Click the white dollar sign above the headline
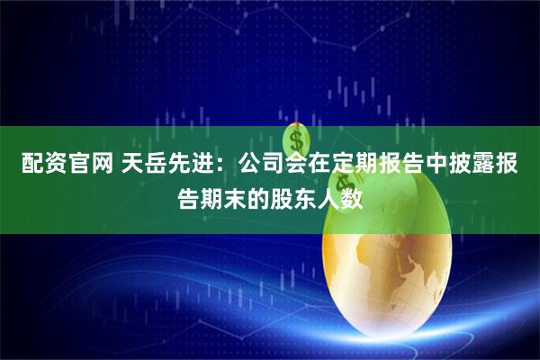coord(295,140)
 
